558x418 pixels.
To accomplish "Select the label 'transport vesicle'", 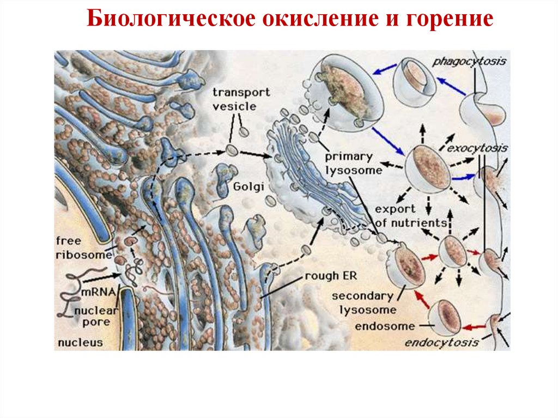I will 234,99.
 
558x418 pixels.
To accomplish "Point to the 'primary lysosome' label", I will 349,163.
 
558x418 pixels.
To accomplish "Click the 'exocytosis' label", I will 478,148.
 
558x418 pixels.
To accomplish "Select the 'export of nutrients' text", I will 410,216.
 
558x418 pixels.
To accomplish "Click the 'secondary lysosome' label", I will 362,303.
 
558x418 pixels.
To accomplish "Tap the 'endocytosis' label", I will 441,342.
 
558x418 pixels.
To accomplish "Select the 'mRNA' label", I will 98,293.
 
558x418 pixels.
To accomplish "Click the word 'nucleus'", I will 80,342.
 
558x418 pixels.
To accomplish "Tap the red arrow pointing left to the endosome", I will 474,326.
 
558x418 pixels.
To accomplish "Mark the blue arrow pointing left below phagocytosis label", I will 449,86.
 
